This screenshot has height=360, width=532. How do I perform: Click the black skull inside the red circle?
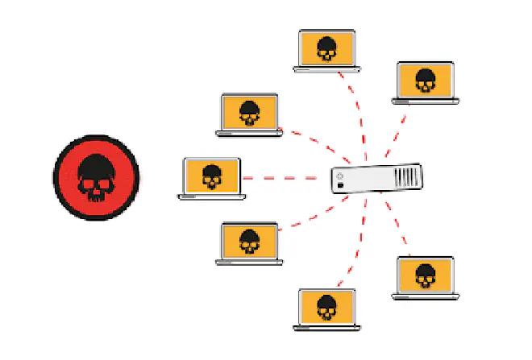pos(97,176)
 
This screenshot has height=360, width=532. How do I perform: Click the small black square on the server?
pos(342,186)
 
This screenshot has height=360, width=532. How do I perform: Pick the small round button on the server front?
pos(341,175)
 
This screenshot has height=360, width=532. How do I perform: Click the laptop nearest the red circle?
pos(211,176)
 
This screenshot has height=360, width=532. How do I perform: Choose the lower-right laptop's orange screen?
pos(425,275)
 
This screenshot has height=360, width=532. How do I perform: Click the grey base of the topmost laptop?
pos(326,69)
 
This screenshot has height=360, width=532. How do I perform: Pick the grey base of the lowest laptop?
pos(326,326)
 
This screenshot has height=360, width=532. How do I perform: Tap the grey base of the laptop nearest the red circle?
pos(211,196)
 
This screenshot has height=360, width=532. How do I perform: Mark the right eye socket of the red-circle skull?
pos(106,184)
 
